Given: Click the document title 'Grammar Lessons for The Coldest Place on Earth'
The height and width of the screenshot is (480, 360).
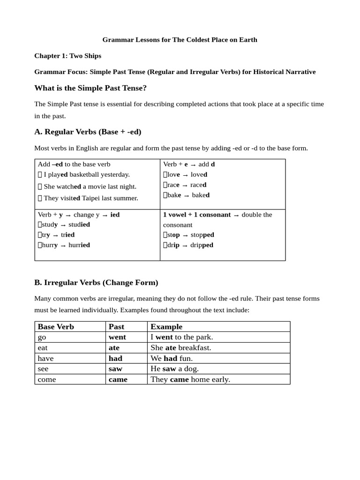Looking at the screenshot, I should click(x=180, y=40).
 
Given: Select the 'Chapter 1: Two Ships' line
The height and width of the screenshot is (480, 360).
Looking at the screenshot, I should click(x=67, y=56).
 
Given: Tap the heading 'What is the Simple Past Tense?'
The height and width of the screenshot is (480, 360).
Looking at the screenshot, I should click(x=90, y=88).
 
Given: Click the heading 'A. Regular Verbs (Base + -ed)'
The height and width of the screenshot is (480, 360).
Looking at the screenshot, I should click(x=88, y=132).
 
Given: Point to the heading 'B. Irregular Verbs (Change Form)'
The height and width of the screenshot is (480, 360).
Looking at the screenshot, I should click(x=96, y=283).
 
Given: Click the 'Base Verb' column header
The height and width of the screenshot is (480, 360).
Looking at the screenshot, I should click(x=56, y=327).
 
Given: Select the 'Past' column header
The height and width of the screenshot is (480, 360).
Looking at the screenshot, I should click(x=116, y=327).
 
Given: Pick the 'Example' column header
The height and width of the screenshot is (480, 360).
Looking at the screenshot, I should click(x=166, y=327).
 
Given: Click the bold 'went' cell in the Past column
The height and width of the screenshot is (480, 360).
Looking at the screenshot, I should click(x=117, y=337).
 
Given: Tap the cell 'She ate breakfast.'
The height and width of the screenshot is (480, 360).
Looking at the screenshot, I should click(x=181, y=348).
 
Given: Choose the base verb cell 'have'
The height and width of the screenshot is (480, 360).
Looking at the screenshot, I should click(x=46, y=359).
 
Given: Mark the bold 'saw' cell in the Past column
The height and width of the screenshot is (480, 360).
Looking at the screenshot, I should click(x=115, y=369).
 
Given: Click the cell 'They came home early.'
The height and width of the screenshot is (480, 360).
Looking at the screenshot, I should click(x=190, y=380).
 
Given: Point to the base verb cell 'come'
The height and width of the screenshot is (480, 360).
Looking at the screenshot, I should click(x=47, y=380).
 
